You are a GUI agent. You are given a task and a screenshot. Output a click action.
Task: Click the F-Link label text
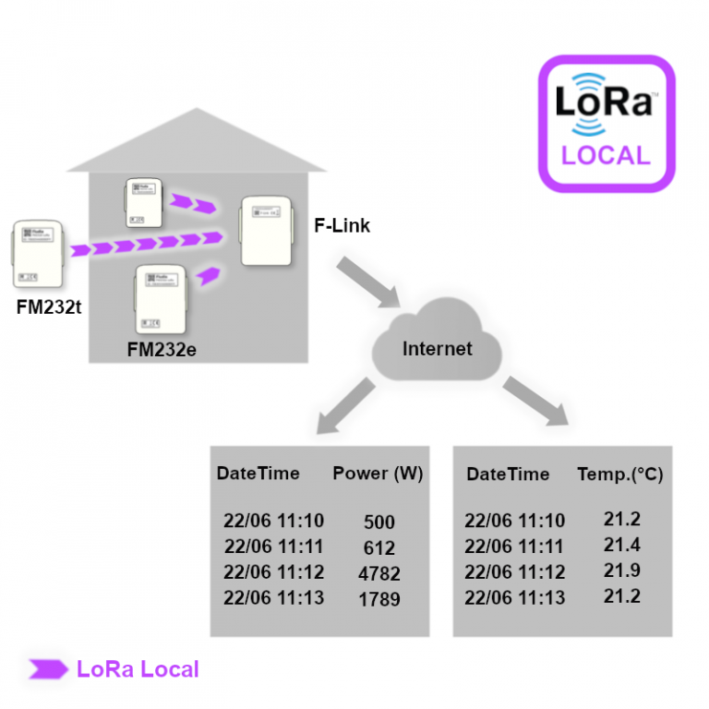[x=342, y=224]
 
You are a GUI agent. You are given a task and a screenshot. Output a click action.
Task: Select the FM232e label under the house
[x=162, y=350]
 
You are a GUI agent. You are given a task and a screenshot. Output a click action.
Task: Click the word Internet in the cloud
[x=437, y=349]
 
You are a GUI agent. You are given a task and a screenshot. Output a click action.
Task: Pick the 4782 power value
[x=379, y=573]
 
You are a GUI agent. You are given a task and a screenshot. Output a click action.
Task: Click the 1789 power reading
[x=379, y=599]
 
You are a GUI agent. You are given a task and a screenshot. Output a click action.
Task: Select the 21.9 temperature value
[x=621, y=571]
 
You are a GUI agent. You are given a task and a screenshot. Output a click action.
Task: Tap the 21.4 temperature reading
[x=621, y=545]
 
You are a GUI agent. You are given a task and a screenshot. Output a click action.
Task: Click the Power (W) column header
[x=377, y=474]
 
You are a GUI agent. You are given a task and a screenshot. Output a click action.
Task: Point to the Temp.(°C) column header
[x=619, y=475]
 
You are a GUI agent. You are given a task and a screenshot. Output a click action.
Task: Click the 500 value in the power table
[x=379, y=522]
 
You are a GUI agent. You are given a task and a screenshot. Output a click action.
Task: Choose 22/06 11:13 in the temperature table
[x=514, y=597]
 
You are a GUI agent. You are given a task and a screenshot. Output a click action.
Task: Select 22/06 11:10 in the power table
[x=273, y=521]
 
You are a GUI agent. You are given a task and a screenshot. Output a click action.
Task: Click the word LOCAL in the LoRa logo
[x=607, y=154]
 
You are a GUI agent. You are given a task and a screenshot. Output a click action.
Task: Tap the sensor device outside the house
[x=38, y=253]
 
